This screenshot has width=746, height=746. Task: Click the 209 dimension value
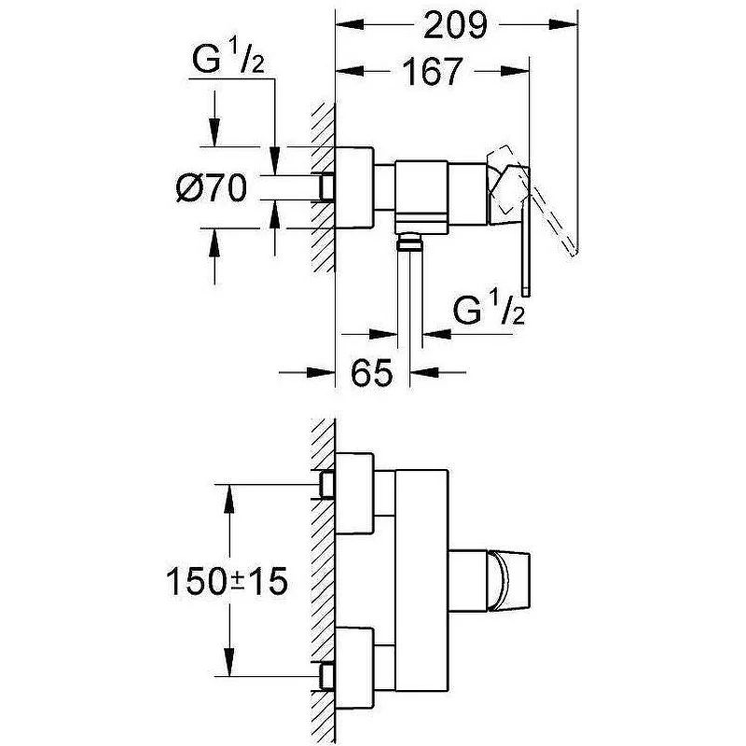(456, 26)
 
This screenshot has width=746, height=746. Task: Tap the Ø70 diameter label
(211, 189)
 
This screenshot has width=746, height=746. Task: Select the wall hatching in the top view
(323, 186)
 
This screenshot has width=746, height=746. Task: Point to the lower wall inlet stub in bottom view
(327, 673)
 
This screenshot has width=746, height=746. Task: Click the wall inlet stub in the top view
(327, 187)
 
